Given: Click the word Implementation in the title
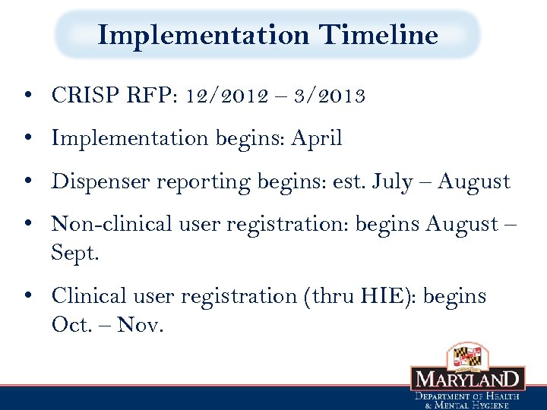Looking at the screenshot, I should [x=204, y=36].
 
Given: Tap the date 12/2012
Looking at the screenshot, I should [x=229, y=96].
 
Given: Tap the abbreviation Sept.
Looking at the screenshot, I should [x=74, y=252].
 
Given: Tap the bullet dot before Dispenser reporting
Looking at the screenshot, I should [x=27, y=183].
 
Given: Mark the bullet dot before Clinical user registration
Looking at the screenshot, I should [x=27, y=297].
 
